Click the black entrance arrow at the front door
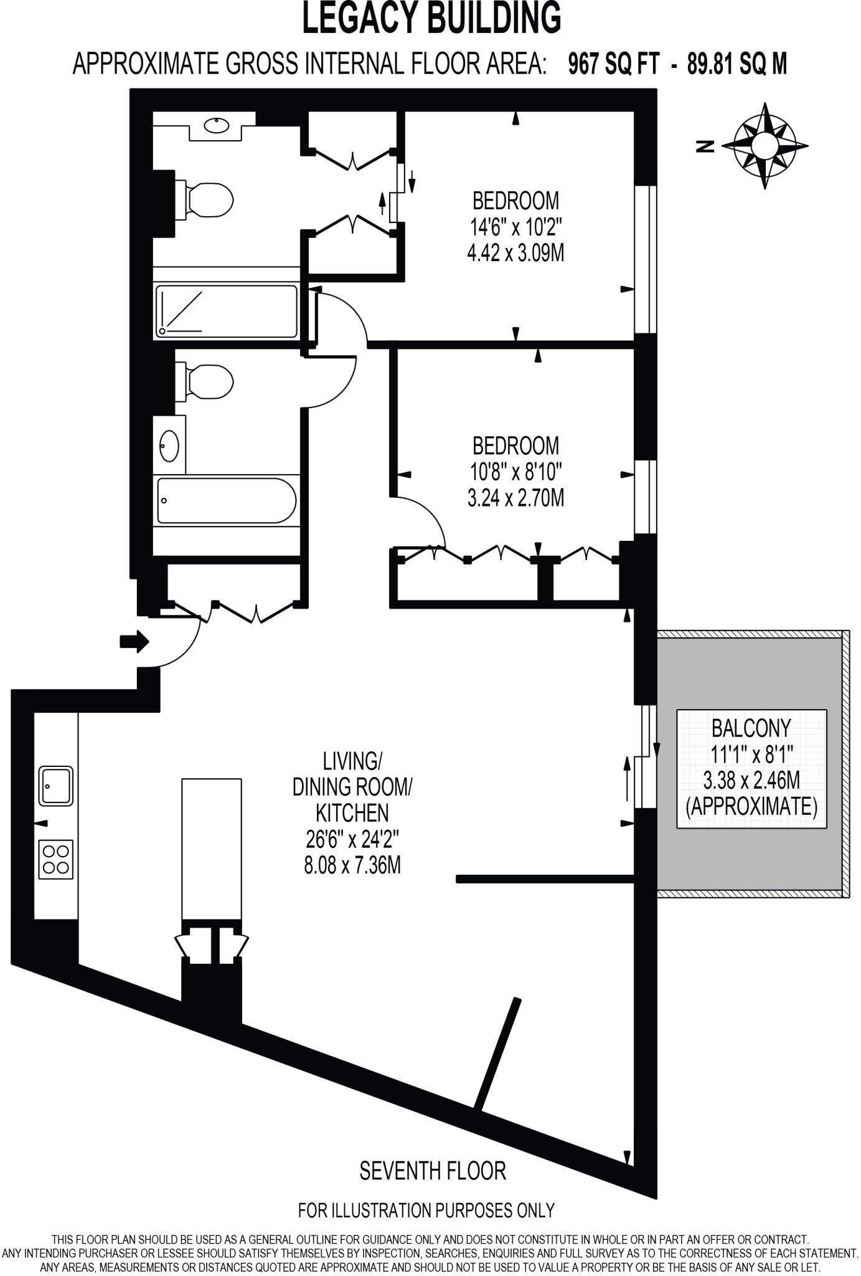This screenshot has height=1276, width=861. [x=134, y=641]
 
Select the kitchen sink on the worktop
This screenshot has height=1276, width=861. [x=56, y=785]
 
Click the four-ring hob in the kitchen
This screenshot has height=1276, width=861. [x=56, y=859]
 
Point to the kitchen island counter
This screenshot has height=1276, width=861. [x=212, y=848]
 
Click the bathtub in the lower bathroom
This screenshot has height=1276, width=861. [x=226, y=500]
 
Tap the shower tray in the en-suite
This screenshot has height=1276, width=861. [x=227, y=312]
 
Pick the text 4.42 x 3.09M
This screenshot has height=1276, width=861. [x=515, y=254]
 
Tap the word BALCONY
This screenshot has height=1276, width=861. [x=751, y=728]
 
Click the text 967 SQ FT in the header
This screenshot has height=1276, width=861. [x=613, y=64]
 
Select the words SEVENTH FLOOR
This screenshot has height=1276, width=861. [x=433, y=1171]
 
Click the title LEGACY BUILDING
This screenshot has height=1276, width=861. [x=431, y=17]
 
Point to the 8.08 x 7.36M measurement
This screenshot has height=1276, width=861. [x=352, y=865]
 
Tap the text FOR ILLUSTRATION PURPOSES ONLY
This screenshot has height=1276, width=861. [x=426, y=1211]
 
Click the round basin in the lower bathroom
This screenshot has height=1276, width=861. [x=169, y=445]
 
